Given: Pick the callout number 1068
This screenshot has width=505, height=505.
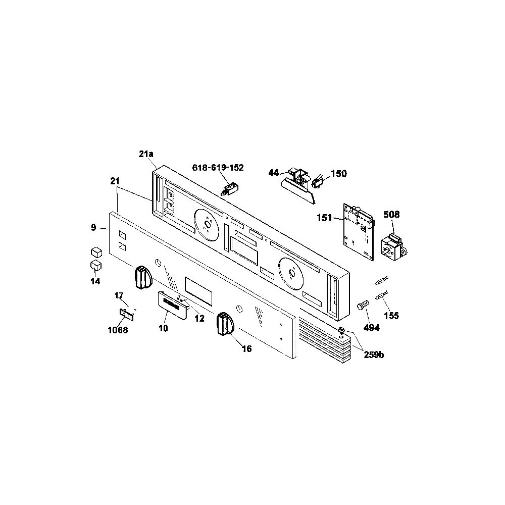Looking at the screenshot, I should pos(118,331).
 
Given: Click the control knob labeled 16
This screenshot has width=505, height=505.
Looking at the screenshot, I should pos(224,323).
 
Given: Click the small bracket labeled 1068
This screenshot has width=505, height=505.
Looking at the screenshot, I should pos(127,315).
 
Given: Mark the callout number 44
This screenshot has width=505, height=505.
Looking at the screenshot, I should pos(274,173).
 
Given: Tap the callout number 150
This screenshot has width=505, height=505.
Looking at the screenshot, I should pos(338,174).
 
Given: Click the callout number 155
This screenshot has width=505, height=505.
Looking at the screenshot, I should pos(391,316).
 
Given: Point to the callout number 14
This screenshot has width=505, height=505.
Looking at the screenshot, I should pos(95,281).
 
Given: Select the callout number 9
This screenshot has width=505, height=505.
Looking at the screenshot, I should pos(93,228).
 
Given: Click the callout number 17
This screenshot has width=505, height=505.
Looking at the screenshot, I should pos(119,295).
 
